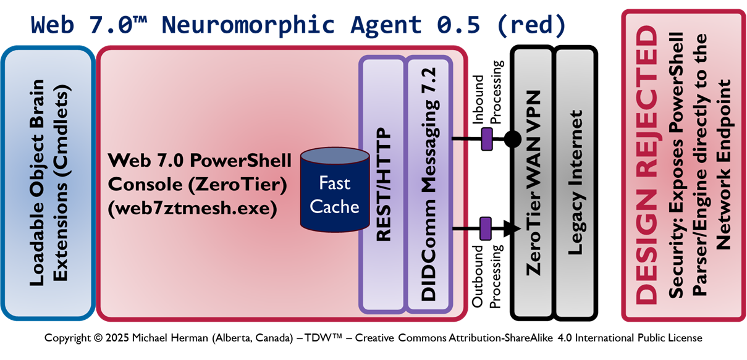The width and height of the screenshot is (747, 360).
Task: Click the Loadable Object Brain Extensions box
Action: click(48, 183)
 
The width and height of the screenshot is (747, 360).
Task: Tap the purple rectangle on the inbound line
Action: click(486, 138)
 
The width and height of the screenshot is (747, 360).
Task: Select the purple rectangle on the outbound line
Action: click(485, 229)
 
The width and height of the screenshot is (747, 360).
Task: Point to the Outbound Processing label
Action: click(486, 275)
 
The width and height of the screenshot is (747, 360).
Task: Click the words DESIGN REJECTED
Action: click(648, 165)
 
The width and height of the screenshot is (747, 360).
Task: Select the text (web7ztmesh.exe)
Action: click(192, 209)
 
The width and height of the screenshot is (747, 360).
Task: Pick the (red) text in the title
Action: click(536, 24)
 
